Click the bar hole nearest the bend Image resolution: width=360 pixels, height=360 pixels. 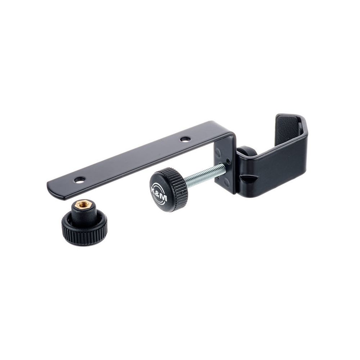click(x=185, y=139)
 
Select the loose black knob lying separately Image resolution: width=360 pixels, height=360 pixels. click(x=84, y=221)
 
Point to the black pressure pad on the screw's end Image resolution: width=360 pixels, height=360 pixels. click(x=246, y=151)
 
